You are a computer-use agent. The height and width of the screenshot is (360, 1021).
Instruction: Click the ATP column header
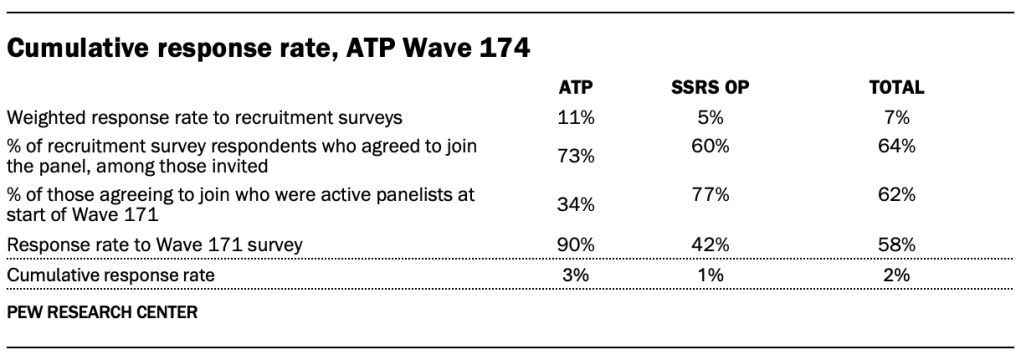point(576,88)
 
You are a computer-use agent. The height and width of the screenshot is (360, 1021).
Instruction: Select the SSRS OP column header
point(709,88)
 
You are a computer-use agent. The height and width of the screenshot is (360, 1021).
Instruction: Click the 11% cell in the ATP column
point(576,117)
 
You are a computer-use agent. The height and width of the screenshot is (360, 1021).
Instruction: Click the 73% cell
point(576,155)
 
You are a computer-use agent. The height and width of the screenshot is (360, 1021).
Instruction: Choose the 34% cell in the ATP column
point(576,205)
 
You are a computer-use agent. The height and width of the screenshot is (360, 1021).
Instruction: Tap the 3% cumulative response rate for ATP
point(576,275)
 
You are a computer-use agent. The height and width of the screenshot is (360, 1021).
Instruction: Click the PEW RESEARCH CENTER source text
point(102,312)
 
